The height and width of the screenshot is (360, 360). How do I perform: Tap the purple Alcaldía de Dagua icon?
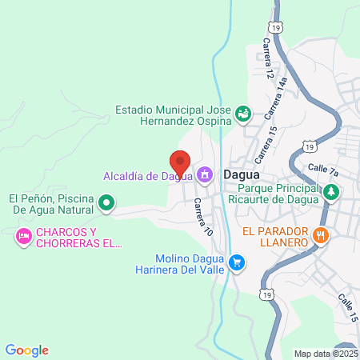[205, 174]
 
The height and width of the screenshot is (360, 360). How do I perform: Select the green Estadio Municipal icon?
[242, 115]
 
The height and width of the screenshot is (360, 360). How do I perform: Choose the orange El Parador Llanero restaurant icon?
[321, 234]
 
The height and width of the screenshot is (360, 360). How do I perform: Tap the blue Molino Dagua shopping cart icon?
[236, 262]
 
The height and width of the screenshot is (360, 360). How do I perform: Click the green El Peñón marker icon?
[106, 204]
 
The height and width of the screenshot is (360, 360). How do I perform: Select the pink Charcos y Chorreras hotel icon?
[23, 236]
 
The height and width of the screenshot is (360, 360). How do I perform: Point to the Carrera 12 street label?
[268, 62]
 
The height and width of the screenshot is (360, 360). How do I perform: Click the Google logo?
[26, 350]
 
